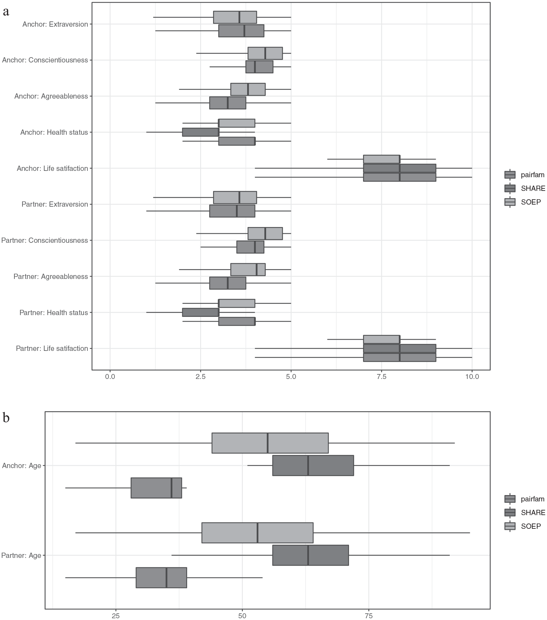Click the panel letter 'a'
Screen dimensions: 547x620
point(6,12)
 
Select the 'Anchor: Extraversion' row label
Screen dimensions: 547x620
point(55,24)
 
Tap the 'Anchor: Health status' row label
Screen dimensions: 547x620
point(54,132)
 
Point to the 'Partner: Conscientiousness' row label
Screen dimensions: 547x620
point(45,240)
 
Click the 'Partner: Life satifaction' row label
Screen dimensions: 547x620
point(52,348)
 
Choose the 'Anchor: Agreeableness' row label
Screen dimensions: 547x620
point(51,96)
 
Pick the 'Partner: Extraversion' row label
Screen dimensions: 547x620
point(55,204)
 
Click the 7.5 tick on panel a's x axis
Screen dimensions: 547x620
point(382,377)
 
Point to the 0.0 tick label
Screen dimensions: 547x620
point(110,377)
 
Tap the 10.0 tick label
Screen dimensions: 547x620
point(472,377)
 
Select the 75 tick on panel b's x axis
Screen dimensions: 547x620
point(369,616)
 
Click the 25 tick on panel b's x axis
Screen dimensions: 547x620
point(116,616)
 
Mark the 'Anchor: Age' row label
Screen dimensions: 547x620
point(22,466)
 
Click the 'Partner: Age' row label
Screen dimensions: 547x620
point(21,555)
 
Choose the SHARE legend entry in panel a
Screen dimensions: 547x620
point(525,188)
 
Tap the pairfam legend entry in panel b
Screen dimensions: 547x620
point(525,499)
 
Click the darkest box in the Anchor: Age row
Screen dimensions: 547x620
point(313,466)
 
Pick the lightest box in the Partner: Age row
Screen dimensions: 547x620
point(257,533)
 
